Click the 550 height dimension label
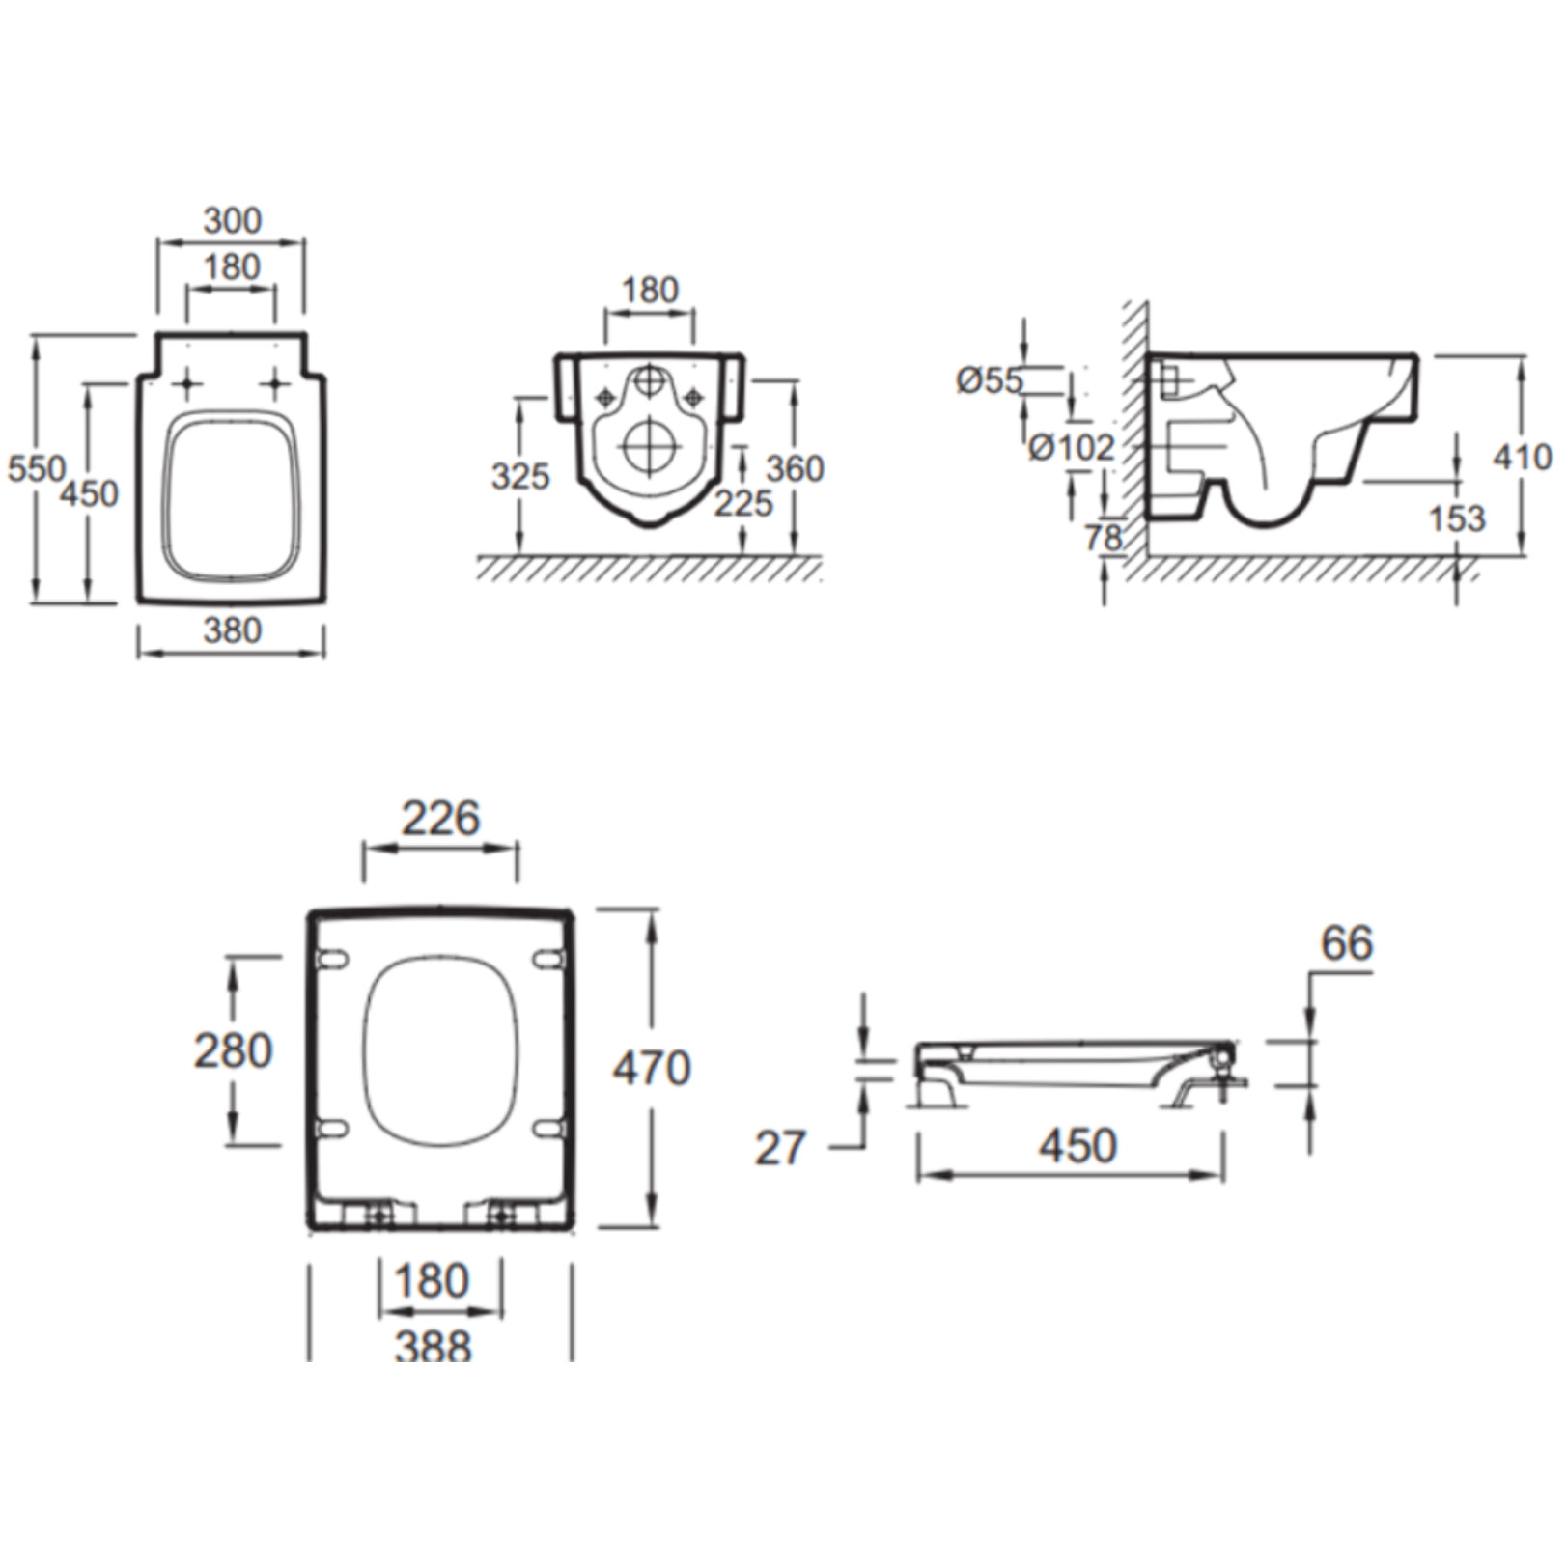[36, 469]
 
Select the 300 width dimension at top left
[232, 220]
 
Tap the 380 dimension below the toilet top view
[232, 630]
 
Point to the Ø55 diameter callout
[989, 380]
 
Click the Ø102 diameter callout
[1072, 447]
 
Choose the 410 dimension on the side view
[1523, 457]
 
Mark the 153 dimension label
[1457, 518]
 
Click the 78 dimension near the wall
[1104, 538]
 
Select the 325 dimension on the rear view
[520, 476]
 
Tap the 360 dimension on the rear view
[795, 469]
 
